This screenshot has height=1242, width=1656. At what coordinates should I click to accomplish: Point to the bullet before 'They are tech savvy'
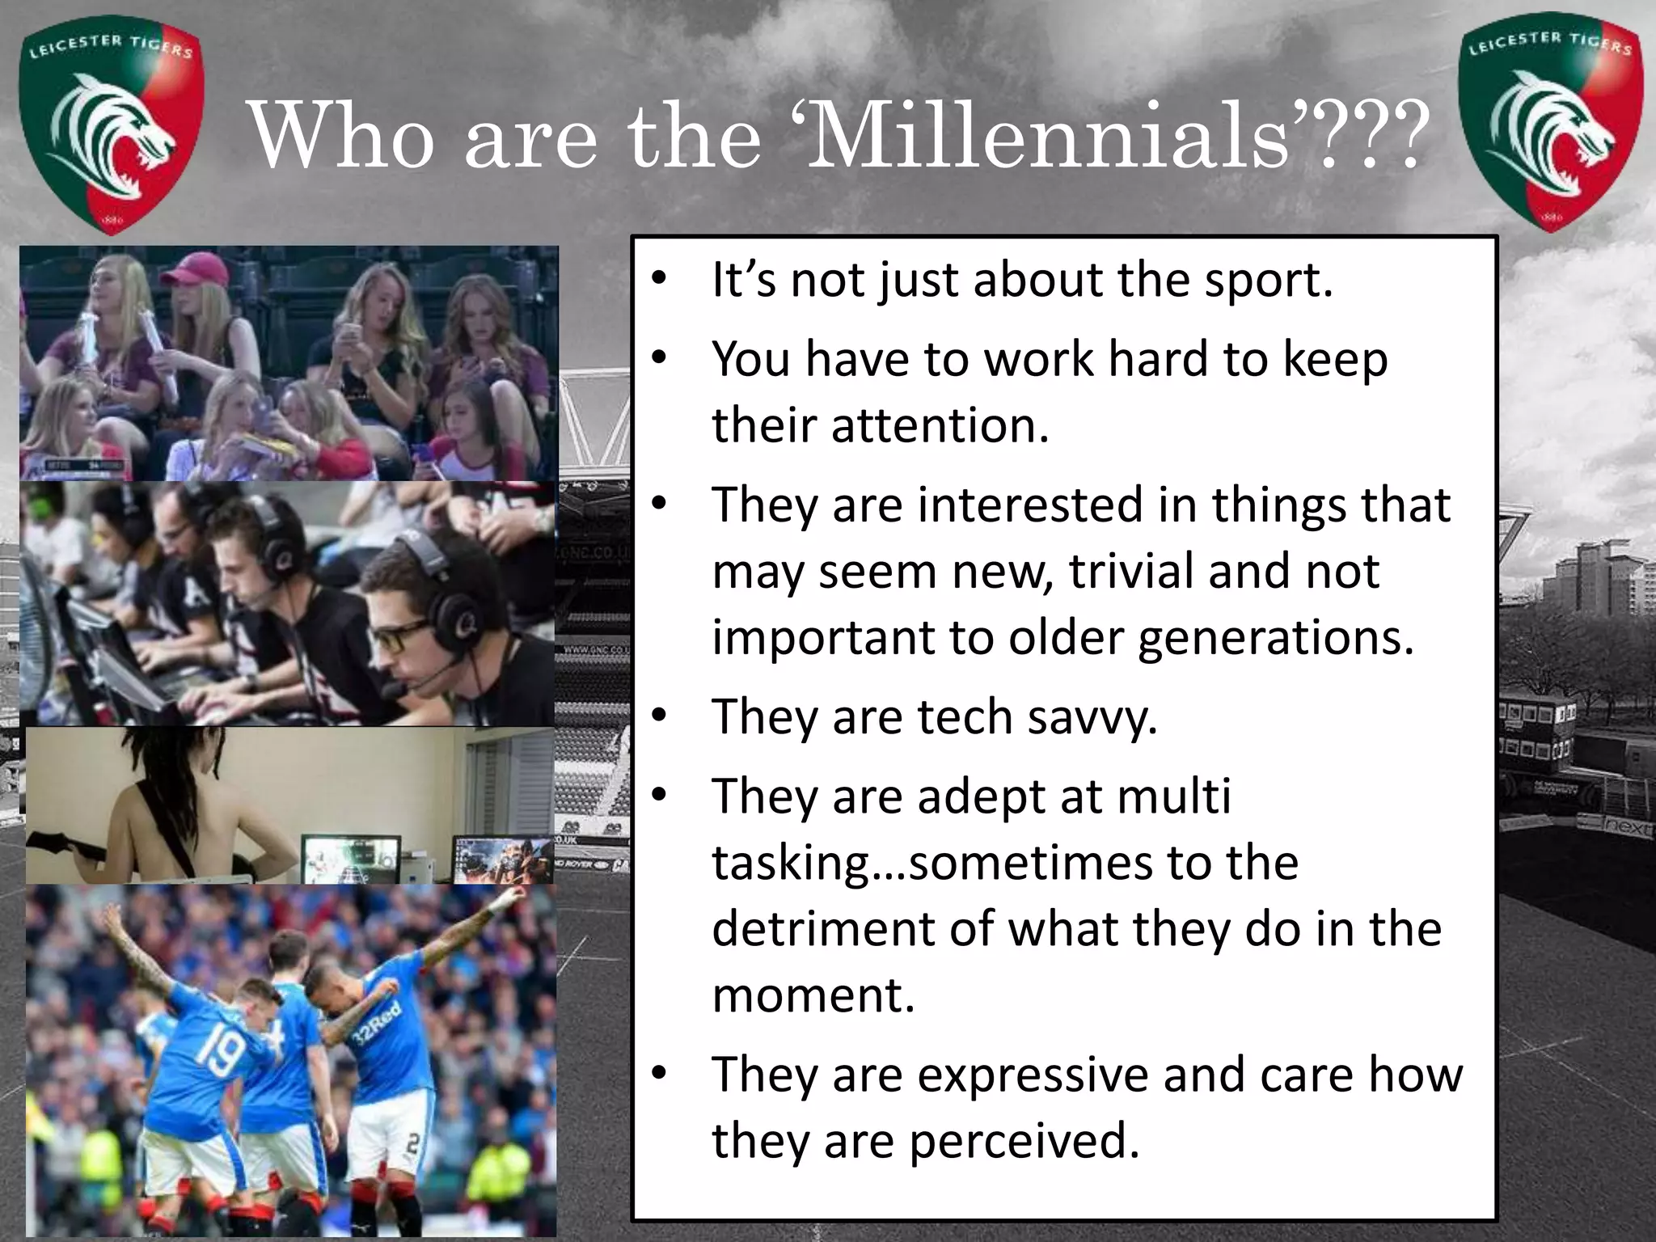pyautogui.click(x=659, y=716)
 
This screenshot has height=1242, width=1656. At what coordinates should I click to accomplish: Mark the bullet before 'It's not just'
pyautogui.click(x=659, y=279)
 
